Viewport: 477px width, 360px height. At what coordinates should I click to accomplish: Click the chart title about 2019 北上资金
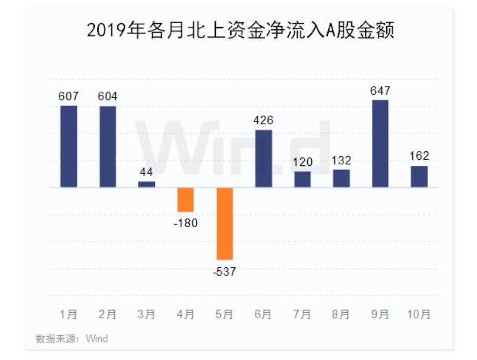click(240, 30)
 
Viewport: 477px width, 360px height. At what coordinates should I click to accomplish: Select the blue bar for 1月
click(69, 146)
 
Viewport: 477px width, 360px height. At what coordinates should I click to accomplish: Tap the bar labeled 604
click(108, 147)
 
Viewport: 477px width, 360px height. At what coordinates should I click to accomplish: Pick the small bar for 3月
click(147, 184)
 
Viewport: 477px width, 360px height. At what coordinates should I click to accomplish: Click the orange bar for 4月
click(185, 200)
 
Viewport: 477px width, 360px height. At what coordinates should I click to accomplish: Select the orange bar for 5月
click(224, 224)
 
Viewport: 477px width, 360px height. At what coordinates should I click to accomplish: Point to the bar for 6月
click(263, 159)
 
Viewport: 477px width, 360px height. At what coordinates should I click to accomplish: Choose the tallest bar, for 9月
click(380, 144)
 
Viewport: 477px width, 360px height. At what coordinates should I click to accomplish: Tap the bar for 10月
click(419, 177)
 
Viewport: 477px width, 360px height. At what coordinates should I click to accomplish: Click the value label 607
click(69, 96)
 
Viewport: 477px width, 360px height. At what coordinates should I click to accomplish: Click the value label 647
click(380, 91)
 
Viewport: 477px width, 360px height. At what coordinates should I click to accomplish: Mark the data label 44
click(147, 173)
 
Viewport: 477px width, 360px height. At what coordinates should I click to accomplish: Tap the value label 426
click(263, 121)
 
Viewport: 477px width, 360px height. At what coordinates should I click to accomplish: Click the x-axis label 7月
click(302, 314)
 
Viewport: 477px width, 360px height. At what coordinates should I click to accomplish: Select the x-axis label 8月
click(341, 314)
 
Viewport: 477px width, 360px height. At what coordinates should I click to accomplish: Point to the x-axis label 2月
click(108, 314)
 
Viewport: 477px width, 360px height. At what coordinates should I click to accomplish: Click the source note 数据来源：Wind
click(72, 339)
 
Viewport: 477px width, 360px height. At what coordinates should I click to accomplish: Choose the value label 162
click(419, 156)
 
